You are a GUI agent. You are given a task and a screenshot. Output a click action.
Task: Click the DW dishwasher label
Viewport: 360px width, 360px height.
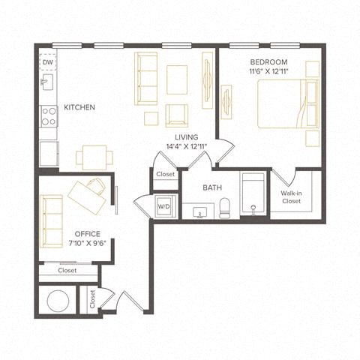coord(46,62)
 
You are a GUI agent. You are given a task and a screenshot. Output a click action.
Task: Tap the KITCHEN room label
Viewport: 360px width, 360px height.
coord(79,108)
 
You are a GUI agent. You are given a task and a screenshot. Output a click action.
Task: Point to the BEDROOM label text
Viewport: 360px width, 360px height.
coord(269,61)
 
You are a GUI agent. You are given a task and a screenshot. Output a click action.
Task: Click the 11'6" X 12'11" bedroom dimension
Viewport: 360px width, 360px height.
coord(269,71)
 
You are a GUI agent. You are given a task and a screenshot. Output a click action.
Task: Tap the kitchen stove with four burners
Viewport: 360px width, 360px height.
coord(49,115)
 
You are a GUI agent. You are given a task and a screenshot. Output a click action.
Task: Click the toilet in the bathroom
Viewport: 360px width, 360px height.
coord(224,209)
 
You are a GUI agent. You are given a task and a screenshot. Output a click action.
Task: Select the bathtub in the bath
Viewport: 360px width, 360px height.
coord(253,195)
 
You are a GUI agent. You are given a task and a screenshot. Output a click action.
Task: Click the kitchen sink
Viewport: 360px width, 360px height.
coord(46,81)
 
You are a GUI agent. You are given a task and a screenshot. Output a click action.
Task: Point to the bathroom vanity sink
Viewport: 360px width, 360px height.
coord(199,212)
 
